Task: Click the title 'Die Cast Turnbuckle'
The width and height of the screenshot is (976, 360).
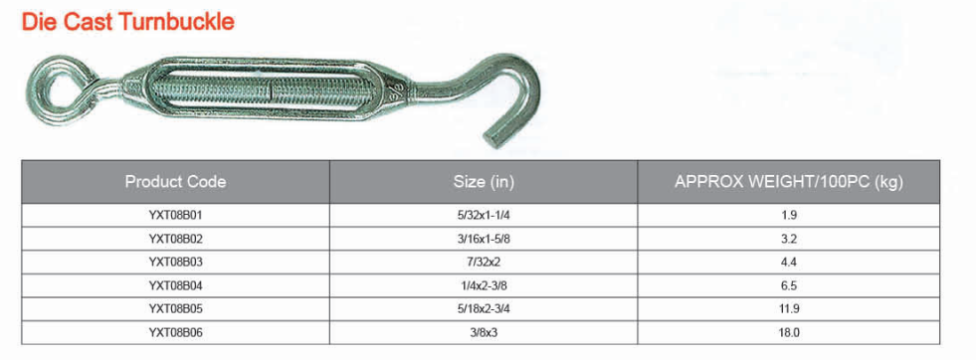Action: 128,22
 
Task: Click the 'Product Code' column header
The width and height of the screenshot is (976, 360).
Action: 175,182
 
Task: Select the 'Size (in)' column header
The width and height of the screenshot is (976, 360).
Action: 484,182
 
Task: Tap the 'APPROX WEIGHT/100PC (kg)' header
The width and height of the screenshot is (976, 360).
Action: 789,182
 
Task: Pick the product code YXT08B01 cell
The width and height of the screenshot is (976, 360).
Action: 175,216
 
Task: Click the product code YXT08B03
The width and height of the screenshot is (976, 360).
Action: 175,263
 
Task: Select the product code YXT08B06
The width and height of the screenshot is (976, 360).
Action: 175,332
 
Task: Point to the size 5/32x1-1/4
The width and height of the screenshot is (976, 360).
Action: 484,216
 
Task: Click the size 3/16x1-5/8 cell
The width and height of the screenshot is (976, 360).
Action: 484,239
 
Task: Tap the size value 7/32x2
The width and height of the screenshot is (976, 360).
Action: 484,263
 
